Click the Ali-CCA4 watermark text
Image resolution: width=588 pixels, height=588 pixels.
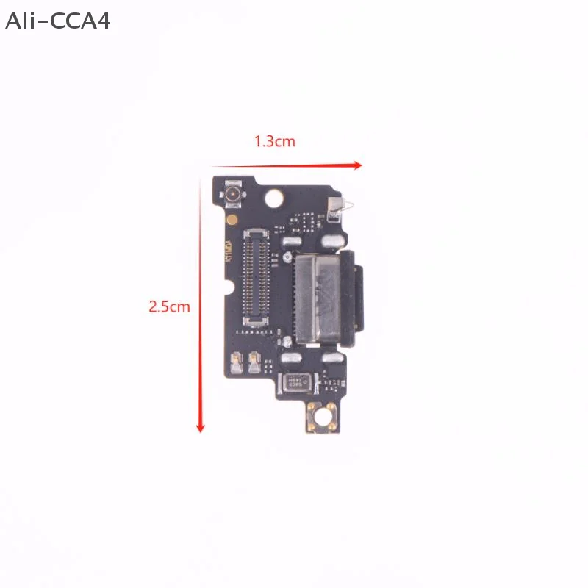click(57, 21)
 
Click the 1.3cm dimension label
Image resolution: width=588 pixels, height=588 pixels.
click(275, 141)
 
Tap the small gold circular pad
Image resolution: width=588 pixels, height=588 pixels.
click(232, 219)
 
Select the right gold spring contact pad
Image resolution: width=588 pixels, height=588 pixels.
click(254, 359)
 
